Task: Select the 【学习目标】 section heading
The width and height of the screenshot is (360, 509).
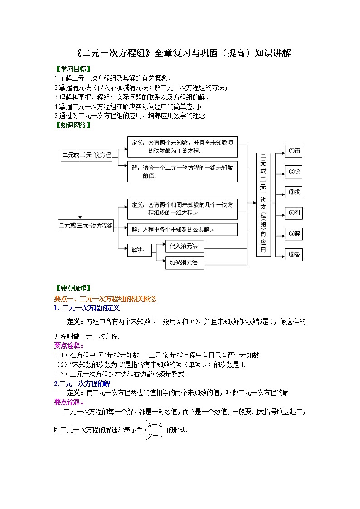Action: point(72,69)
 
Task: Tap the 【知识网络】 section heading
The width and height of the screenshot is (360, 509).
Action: point(72,125)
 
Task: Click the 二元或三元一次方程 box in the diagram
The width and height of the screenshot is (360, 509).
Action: point(87,155)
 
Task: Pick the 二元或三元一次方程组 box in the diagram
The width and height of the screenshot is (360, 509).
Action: point(86,225)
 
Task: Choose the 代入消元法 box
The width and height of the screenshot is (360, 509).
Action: point(184,246)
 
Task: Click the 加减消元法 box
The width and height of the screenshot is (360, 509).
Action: point(184,262)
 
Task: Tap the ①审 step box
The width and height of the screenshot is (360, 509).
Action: point(293,151)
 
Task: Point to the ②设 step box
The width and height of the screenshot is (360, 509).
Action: point(293,172)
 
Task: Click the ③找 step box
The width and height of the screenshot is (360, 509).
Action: point(293,192)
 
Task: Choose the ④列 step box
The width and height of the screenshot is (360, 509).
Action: point(293,213)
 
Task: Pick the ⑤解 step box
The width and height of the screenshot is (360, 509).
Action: point(293,234)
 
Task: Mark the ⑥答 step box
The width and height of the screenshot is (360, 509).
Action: point(293,254)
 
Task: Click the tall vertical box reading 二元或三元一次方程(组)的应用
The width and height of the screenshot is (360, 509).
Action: point(263,204)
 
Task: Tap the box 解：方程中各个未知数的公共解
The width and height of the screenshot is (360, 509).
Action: point(182,229)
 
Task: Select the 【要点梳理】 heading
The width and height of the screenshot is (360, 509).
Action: point(72,287)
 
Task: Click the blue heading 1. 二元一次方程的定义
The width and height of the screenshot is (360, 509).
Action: point(87,308)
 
